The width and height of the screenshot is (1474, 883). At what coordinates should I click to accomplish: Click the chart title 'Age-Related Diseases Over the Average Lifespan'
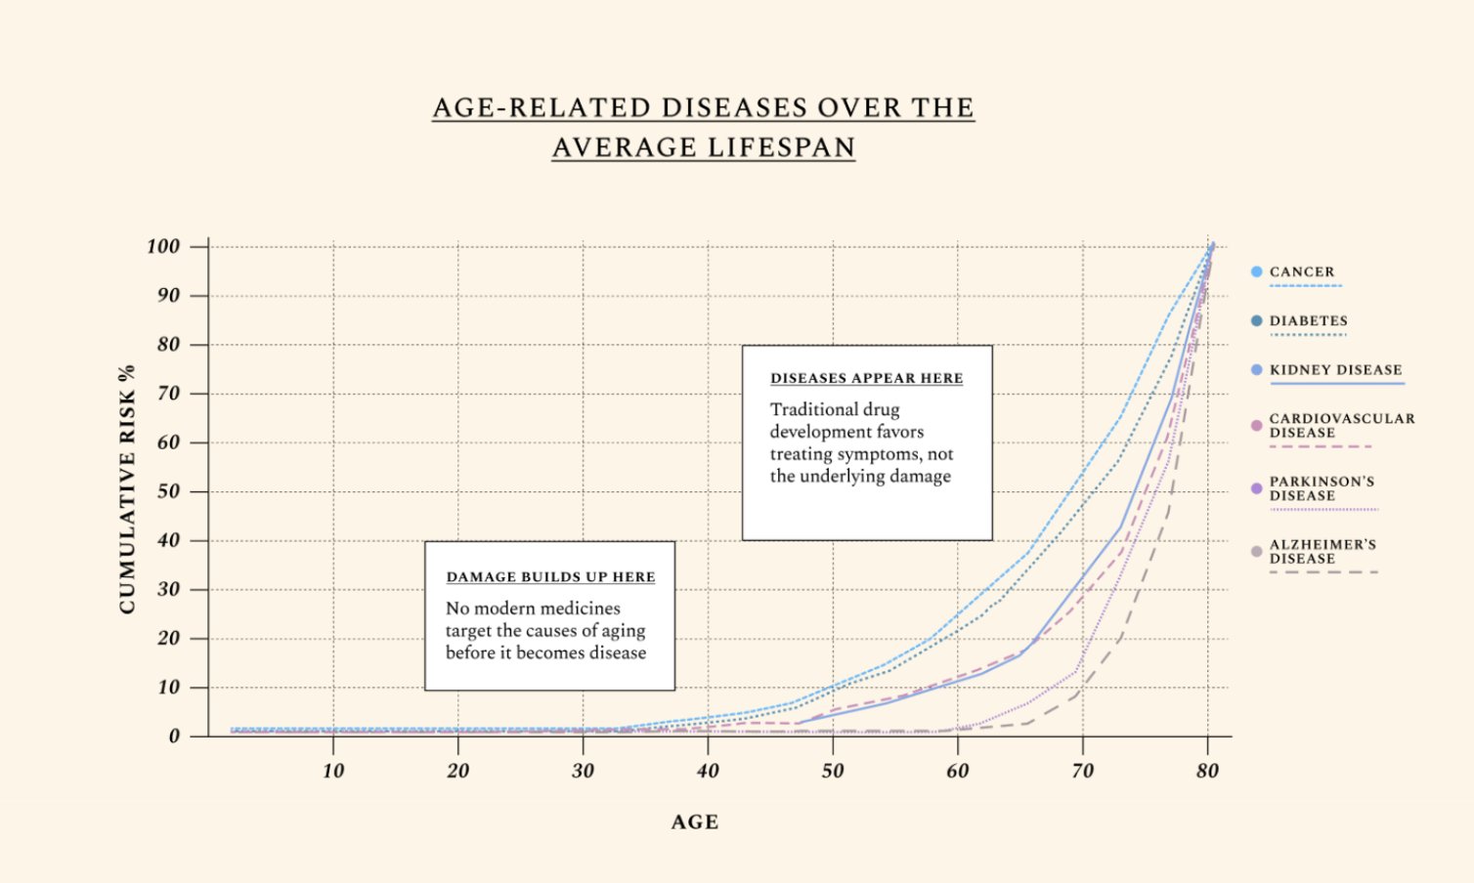point(703,127)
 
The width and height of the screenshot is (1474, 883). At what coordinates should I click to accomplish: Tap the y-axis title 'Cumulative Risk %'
point(127,489)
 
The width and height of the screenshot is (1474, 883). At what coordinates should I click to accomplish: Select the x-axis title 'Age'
point(694,822)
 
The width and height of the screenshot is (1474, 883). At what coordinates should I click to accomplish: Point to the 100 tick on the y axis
point(163,246)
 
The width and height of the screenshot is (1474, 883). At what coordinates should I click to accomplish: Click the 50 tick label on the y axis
point(168,491)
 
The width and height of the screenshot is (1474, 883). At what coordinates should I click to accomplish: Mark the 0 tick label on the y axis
point(174,736)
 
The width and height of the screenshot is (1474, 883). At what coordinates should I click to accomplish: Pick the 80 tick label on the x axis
point(1207,771)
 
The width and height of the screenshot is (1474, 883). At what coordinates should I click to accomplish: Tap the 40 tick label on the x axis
point(708,771)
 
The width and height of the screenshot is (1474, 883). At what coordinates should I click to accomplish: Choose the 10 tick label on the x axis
point(333,771)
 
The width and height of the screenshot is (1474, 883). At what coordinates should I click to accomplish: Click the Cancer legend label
point(1301,272)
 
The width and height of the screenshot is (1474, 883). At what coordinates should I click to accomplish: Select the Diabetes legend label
point(1308,320)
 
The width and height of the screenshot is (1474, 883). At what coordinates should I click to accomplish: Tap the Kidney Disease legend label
point(1335,369)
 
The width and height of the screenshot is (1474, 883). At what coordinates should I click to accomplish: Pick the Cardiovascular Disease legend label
point(1341,425)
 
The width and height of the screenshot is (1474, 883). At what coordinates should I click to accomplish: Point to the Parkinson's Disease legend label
point(1322,488)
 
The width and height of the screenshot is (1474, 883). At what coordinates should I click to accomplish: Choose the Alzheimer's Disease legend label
point(1322,551)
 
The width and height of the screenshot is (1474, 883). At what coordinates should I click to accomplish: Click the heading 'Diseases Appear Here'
point(866,378)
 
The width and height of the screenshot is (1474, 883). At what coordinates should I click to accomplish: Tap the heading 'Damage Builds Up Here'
point(550,576)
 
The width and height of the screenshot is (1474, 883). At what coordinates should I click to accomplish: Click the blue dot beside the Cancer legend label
point(1256,272)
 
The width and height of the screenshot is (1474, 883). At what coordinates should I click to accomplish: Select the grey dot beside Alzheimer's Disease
point(1256,552)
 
